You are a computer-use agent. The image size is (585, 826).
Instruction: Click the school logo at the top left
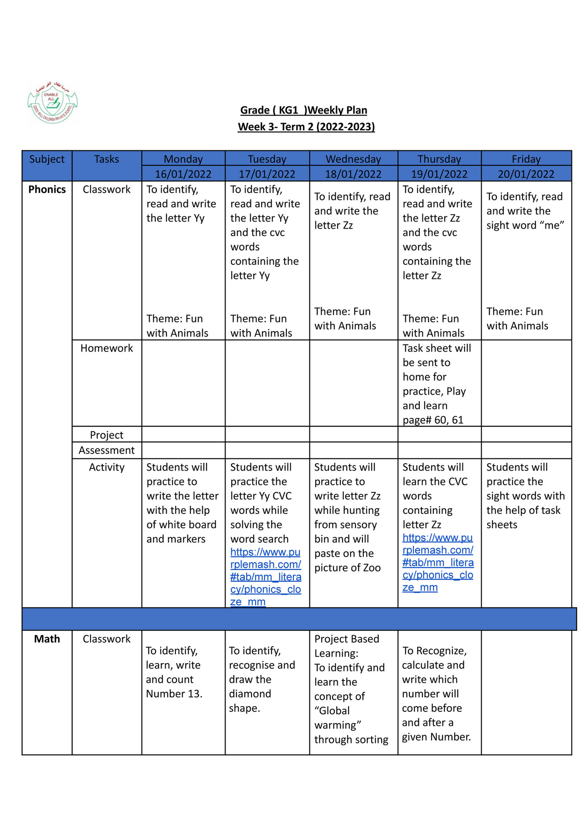pos(52,103)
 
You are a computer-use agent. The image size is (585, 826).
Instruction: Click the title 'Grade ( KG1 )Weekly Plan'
pos(303,110)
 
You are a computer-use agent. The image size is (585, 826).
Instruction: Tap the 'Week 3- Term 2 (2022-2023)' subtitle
pos(306,127)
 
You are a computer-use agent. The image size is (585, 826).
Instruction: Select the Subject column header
pos(47,159)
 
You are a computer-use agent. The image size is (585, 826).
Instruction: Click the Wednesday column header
pos(353,159)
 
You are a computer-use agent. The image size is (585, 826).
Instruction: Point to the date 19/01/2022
pos(439,174)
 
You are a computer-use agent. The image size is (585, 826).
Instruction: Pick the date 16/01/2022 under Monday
pos(183,174)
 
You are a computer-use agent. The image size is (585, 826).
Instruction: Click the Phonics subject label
pos(47,189)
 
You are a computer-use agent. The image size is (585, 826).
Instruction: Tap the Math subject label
pos(47,639)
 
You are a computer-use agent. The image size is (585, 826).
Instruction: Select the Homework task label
pos(106,348)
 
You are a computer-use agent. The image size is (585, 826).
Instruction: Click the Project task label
pos(106,435)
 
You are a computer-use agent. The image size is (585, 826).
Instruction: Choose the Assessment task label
pos(106,450)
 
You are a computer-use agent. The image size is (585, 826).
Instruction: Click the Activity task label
pos(106,467)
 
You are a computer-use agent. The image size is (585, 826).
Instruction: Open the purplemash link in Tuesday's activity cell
pos(266,577)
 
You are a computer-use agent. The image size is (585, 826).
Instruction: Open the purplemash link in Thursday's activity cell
pos(438,563)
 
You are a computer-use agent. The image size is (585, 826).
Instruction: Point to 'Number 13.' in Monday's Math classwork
pos(174,693)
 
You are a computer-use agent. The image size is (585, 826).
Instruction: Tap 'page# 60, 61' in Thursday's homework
pos(433,420)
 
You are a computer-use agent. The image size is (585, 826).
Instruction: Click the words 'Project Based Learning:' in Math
pos(347,646)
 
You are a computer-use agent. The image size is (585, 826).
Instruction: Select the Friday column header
pos(526,159)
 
